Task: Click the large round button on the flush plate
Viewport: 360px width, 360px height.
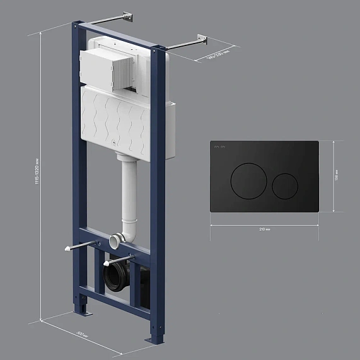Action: pos(247,181)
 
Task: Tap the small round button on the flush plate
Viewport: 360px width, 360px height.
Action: pos(286,185)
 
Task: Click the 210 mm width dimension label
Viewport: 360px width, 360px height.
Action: pos(264,229)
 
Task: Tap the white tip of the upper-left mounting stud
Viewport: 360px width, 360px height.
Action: pos(67,250)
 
